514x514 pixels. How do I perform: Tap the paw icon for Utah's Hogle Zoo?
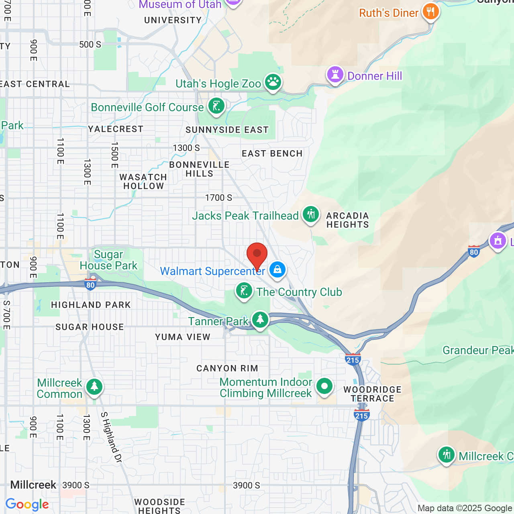(x=273, y=82)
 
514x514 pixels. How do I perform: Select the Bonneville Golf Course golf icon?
(x=216, y=106)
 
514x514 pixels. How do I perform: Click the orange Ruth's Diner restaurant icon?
(x=430, y=12)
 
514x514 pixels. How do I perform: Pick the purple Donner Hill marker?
(x=335, y=75)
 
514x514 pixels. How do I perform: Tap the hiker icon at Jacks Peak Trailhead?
(x=311, y=214)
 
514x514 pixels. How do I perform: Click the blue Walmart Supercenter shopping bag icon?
(x=277, y=270)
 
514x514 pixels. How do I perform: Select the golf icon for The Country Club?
(x=244, y=291)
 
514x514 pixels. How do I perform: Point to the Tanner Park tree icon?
(x=260, y=320)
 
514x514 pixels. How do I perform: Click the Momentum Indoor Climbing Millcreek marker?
(x=324, y=386)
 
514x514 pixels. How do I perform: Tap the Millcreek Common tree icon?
(x=94, y=387)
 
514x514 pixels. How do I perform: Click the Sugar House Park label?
(x=108, y=260)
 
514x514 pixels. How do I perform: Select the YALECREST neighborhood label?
(x=116, y=129)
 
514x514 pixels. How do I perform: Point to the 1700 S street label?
(x=218, y=198)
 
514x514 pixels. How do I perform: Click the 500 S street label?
(x=90, y=44)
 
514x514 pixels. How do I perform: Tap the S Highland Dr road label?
(x=111, y=437)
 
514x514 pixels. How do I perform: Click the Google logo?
(x=27, y=504)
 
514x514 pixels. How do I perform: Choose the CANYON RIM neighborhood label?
(x=227, y=368)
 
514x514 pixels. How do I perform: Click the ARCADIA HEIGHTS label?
(x=348, y=220)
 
